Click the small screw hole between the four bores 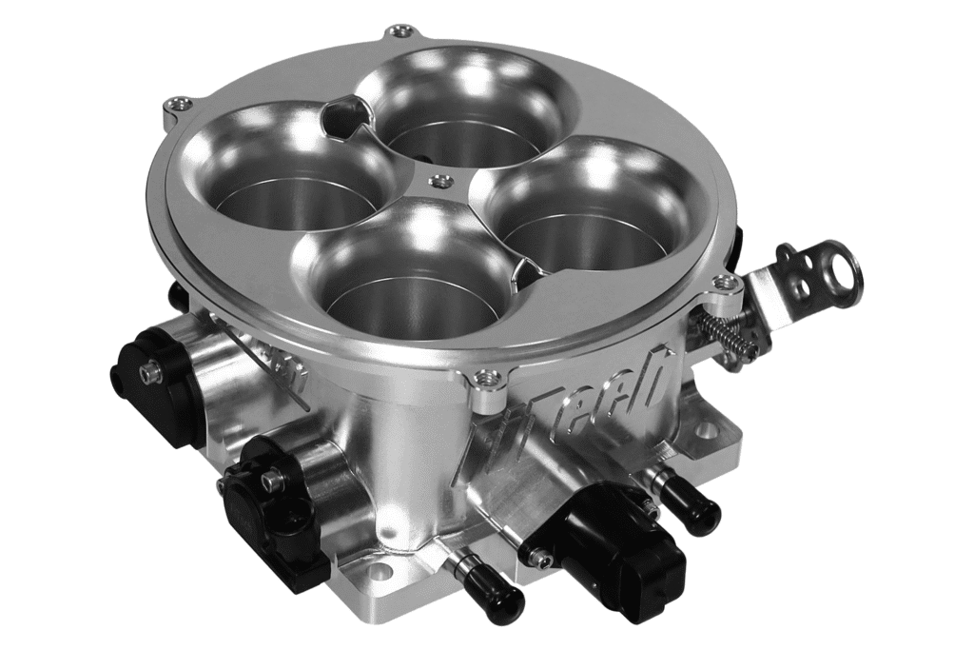[438, 181]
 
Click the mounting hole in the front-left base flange [379, 571]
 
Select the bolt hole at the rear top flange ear [402, 31]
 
